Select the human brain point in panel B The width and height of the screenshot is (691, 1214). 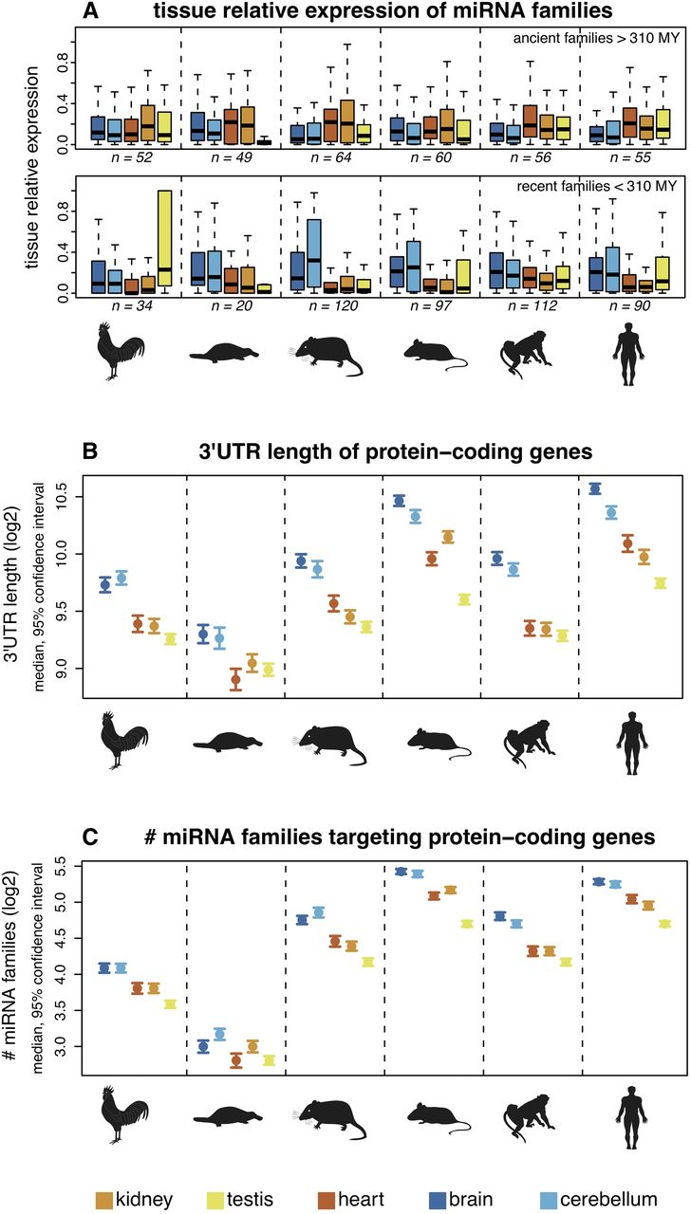(595, 488)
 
